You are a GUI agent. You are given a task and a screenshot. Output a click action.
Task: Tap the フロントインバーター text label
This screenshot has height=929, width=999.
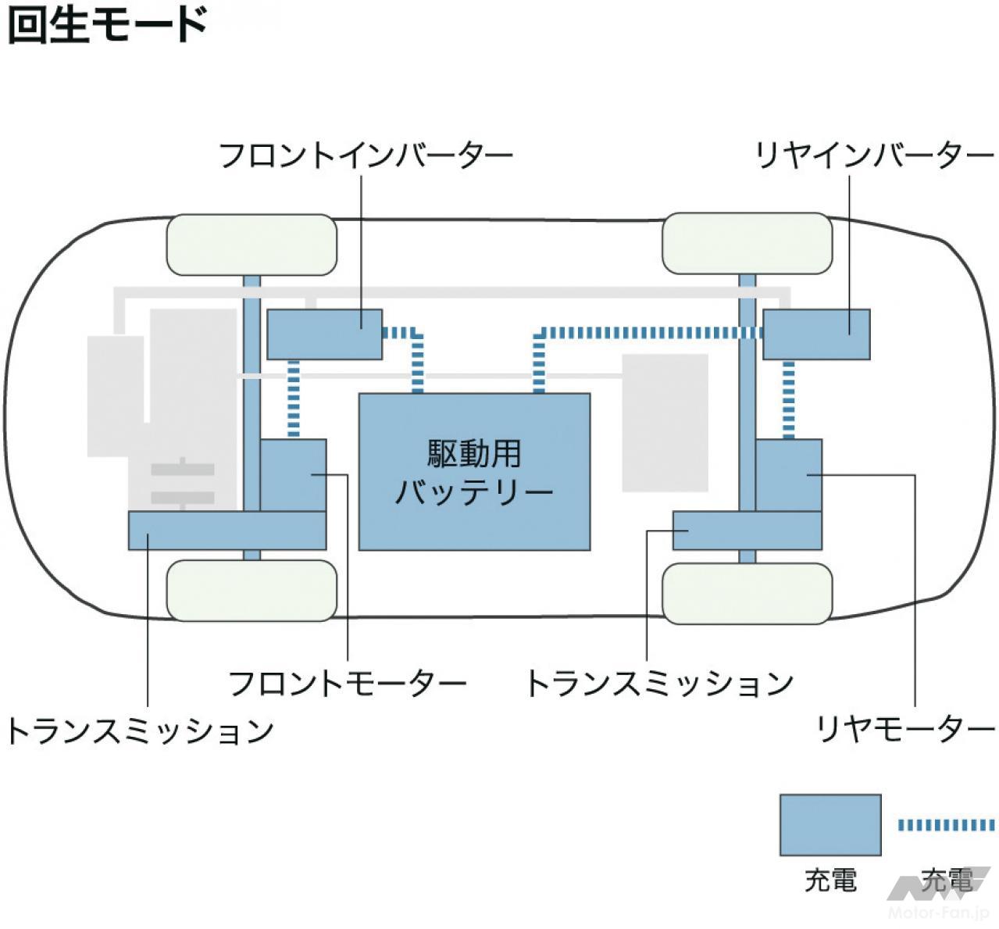click(x=366, y=155)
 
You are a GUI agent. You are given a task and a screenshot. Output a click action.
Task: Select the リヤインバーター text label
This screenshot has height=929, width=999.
click(x=873, y=155)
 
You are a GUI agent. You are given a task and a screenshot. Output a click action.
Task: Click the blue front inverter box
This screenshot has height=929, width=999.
click(x=324, y=334)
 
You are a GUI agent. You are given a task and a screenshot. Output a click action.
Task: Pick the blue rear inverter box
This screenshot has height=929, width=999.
click(x=816, y=334)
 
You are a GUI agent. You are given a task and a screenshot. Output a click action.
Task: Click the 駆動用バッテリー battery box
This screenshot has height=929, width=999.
click(x=474, y=471)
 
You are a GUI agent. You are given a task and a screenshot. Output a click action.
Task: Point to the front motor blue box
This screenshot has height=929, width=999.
click(x=293, y=474)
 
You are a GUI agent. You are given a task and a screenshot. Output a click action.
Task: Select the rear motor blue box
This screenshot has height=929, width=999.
click(x=789, y=474)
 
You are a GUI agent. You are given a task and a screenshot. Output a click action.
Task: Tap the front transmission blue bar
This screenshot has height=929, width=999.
click(x=227, y=531)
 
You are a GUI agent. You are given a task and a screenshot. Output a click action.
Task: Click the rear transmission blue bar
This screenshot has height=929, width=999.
click(x=746, y=531)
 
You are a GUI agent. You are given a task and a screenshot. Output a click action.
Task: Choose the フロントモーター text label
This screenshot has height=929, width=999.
click(x=347, y=684)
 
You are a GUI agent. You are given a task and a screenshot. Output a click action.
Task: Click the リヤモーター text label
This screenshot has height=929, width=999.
click(x=904, y=730)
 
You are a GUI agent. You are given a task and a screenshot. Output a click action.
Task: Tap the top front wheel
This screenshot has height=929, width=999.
click(x=252, y=245)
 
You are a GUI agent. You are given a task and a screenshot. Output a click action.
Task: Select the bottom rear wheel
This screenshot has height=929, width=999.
click(x=747, y=593)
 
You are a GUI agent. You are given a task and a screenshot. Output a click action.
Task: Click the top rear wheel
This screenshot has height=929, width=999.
click(x=747, y=243)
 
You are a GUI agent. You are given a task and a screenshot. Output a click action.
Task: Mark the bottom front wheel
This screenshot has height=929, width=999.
click(x=252, y=590)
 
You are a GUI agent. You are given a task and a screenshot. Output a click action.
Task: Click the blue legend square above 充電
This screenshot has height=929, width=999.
click(x=830, y=825)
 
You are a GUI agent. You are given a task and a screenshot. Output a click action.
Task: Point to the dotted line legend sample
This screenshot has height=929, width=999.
click(x=946, y=824)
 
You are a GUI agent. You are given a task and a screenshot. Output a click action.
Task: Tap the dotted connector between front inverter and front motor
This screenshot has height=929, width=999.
click(x=294, y=398)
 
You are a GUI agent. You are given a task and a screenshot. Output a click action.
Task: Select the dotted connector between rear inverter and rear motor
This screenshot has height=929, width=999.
click(x=789, y=398)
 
